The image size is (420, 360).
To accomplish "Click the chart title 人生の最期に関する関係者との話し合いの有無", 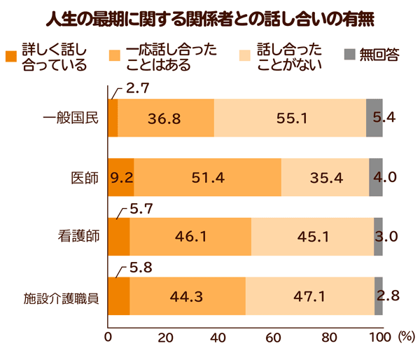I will (x=210, y=17).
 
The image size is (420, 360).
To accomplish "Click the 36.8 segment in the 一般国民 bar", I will (x=165, y=118).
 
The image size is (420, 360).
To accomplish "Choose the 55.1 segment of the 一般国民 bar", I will (x=290, y=118).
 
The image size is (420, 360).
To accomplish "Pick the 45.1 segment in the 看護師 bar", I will (x=312, y=236).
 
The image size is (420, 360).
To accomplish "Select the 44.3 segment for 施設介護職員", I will (x=187, y=296).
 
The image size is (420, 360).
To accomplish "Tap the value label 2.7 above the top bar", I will (x=138, y=89).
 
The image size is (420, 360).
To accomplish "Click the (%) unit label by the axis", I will (x=405, y=336).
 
